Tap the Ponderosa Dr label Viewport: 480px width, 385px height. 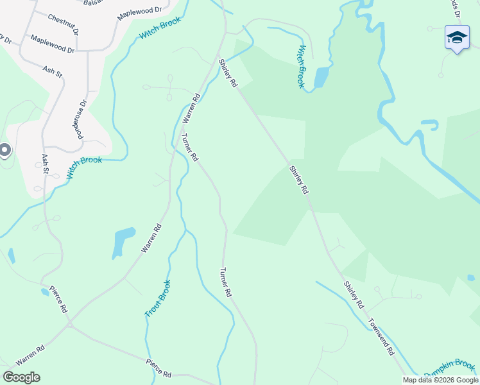pos(81,119)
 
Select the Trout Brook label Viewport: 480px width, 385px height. pos(158,298)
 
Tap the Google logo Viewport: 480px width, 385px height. pos(21,377)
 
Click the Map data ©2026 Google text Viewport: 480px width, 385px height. pos(440,380)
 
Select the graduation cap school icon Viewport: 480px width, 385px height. pos(456,37)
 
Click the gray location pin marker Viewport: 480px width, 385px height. pos(4,150)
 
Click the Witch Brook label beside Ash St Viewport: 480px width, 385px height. pos(84,168)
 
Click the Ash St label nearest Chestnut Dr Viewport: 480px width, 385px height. pos(53,70)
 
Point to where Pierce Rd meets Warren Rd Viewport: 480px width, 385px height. pos(70,325)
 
